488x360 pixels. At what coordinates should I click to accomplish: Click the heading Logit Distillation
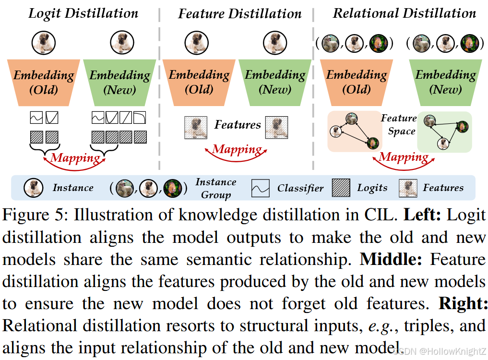[83, 13]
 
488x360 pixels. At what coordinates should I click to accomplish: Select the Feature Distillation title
[240, 13]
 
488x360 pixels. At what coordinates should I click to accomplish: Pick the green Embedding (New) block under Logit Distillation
[119, 82]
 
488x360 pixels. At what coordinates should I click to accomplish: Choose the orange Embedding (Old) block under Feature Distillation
[199, 82]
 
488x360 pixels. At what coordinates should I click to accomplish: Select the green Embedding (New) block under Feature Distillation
[275, 82]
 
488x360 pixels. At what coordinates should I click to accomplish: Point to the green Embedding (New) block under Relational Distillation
[445, 82]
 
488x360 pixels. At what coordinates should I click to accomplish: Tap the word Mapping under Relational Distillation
[404, 157]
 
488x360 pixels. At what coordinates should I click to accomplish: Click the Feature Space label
[399, 124]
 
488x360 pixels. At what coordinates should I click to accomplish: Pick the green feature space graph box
[444, 131]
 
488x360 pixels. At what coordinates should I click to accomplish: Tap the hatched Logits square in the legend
[340, 188]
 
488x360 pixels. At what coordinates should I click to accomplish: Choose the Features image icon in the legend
[407, 188]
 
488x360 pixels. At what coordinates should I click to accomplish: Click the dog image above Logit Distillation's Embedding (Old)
[42, 42]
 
